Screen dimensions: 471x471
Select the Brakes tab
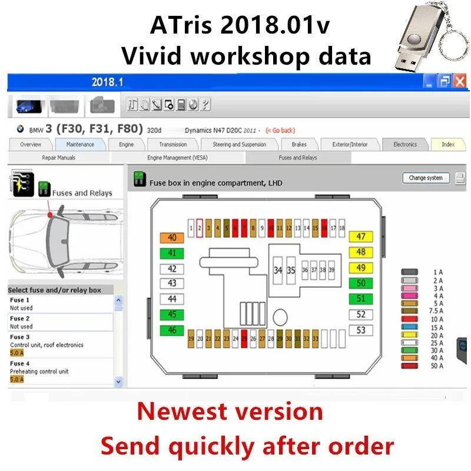click(x=298, y=144)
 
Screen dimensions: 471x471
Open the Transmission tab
click(x=173, y=144)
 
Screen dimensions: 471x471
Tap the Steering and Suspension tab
click(x=239, y=144)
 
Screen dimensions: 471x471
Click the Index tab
click(x=448, y=144)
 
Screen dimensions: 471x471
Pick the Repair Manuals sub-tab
click(x=58, y=158)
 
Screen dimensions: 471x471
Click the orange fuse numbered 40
click(x=172, y=238)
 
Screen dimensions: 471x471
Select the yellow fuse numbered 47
click(x=361, y=237)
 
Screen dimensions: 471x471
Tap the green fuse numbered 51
click(x=361, y=298)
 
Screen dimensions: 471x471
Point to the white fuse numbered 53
click(x=361, y=330)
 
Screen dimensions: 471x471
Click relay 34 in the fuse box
click(x=278, y=270)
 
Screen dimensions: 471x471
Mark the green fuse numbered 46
click(x=172, y=330)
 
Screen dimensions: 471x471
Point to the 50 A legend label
click(x=437, y=366)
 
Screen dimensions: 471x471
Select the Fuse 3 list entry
click(x=59, y=344)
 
